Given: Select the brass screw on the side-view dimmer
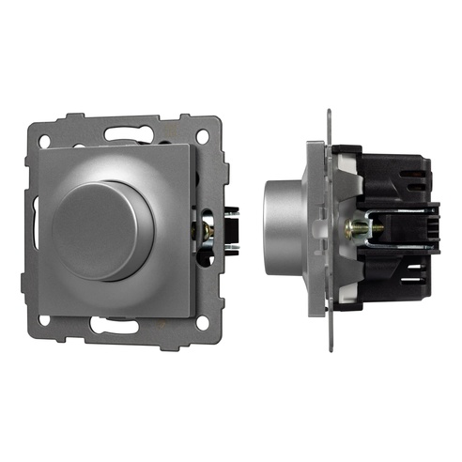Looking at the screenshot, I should point(358,227).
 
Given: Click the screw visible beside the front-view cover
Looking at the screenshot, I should point(207,228).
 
